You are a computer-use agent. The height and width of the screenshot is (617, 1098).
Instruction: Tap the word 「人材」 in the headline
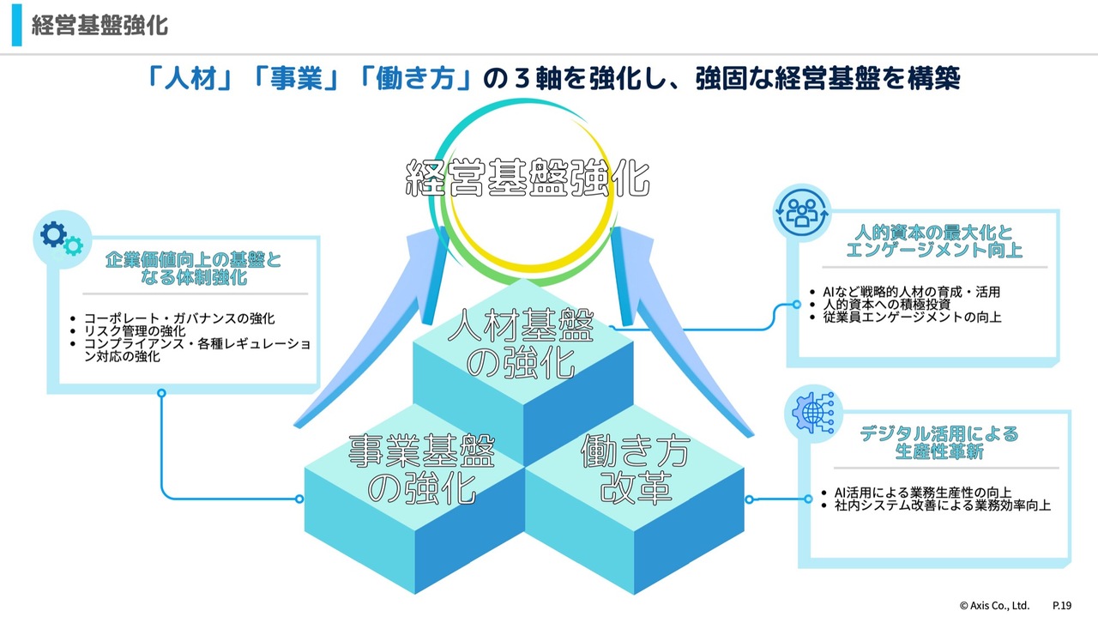click(187, 80)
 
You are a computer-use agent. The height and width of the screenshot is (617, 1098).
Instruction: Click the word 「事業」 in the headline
click(296, 80)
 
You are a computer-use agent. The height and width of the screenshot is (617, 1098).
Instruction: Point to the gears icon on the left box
click(60, 238)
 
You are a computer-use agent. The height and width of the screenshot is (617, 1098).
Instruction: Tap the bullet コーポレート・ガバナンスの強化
click(178, 318)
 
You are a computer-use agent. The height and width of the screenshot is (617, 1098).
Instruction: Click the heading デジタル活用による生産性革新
click(938, 443)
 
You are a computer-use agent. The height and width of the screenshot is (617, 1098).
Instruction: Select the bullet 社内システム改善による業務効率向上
click(942, 505)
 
